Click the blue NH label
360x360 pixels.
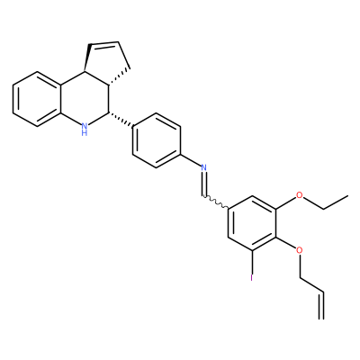tap(85, 129)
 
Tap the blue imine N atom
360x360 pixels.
tap(204, 167)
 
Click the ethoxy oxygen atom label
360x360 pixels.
tap(299, 195)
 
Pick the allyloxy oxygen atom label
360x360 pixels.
tap(299, 250)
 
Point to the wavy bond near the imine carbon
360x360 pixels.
tap(217, 202)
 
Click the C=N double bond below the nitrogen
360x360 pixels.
tap(204, 184)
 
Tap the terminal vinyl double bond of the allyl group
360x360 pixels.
tap(323, 304)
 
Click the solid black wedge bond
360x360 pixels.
tap(87, 58)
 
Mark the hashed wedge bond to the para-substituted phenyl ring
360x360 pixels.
tap(121, 121)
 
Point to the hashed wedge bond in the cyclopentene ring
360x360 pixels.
tap(120, 77)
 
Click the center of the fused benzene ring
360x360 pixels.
tap(37, 99)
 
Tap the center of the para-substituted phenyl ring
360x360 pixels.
tap(157, 140)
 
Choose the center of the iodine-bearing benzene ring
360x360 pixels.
tap(252, 223)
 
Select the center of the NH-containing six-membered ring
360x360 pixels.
tap(85, 99)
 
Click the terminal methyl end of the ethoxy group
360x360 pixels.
tap(348, 196)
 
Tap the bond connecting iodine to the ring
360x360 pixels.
tap(252, 262)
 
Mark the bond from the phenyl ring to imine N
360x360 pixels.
tap(191, 159)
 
